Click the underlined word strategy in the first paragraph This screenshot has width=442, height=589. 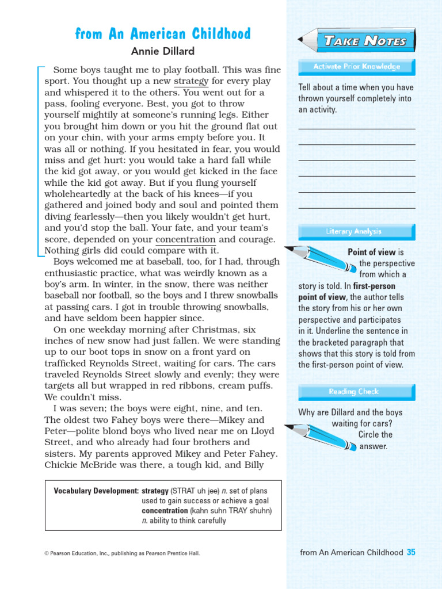(191, 81)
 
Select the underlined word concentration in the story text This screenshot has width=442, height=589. (185, 239)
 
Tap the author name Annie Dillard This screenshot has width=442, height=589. (163, 51)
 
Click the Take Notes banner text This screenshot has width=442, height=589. (365, 41)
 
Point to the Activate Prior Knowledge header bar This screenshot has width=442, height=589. (356, 67)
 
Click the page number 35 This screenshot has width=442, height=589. (411, 552)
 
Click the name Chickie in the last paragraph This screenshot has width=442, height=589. (61, 464)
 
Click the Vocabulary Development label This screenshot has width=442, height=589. (96, 491)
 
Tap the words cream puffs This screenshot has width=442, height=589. (252, 385)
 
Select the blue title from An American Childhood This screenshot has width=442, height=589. (163, 34)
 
